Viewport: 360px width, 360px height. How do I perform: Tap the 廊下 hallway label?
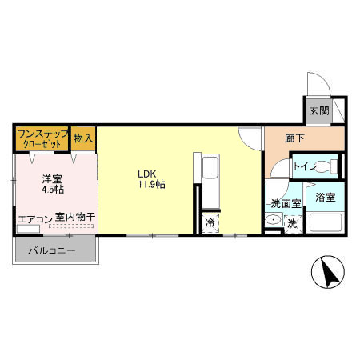coord(294,138)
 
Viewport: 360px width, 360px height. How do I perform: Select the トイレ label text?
coord(303,167)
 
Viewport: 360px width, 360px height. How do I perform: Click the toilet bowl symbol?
coord(323,167)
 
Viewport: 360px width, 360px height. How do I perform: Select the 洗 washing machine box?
coord(292,224)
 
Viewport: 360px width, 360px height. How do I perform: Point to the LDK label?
coord(146,172)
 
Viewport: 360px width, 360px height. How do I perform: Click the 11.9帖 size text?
coord(150,184)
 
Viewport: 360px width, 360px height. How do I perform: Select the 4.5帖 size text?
coord(54,190)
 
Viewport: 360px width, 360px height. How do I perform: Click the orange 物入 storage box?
coord(83,138)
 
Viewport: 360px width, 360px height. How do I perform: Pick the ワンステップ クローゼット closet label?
coord(42,138)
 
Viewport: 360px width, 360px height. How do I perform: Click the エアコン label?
coord(34,218)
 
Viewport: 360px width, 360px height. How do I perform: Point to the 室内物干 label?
coord(75,218)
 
